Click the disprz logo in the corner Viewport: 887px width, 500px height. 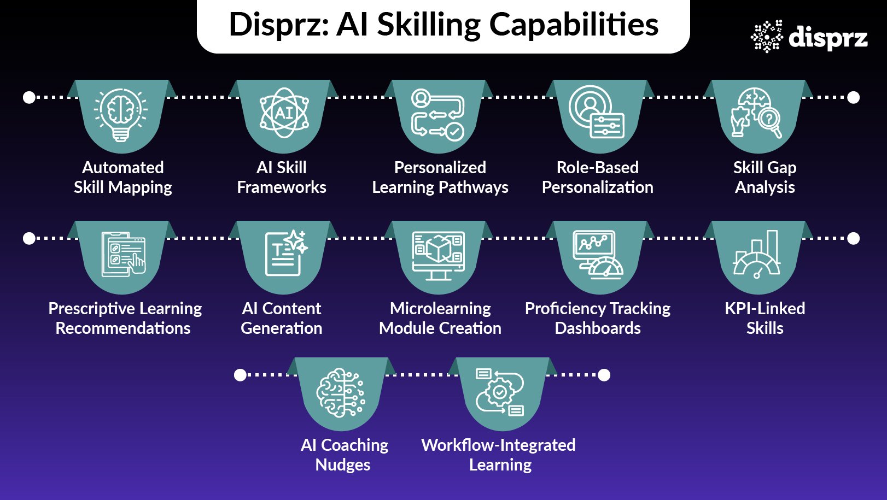(809, 37)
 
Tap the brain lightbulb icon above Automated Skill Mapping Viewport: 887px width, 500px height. (121, 114)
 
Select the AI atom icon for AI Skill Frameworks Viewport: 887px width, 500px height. (284, 113)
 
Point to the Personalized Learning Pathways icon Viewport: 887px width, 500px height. (438, 114)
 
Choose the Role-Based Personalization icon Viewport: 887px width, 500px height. (596, 111)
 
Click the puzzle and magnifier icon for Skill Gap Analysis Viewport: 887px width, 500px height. (757, 113)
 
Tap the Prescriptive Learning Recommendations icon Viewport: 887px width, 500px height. (124, 254)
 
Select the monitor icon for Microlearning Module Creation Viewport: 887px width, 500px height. (439, 255)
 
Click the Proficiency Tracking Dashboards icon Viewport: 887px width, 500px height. (597, 254)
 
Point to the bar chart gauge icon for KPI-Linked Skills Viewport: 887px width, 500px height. (757, 254)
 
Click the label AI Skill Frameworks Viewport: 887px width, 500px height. (282, 177)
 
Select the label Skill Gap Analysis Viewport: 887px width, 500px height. (765, 177)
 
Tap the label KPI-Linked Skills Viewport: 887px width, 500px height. (765, 318)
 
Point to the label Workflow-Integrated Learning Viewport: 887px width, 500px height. (499, 455)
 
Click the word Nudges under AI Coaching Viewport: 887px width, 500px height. (343, 465)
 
